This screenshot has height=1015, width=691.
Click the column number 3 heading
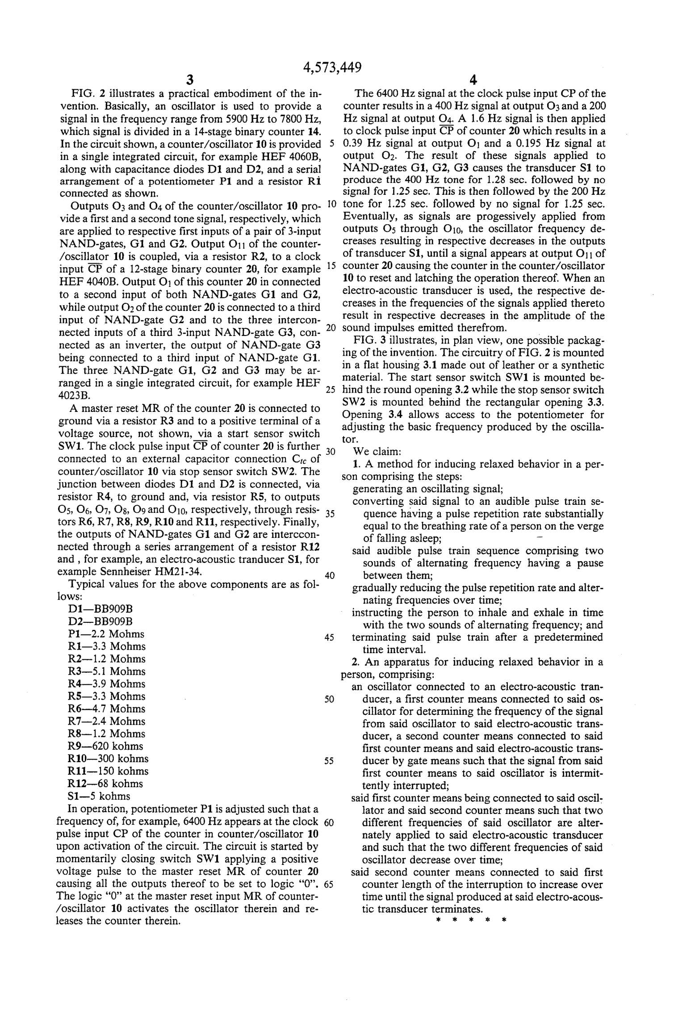[190, 80]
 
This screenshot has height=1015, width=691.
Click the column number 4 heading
[473, 80]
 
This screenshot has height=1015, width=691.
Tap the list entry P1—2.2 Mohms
[106, 634]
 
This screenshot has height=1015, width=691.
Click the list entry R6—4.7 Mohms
[107, 709]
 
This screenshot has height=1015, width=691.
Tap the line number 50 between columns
[329, 699]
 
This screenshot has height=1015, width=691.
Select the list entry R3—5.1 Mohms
[107, 671]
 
